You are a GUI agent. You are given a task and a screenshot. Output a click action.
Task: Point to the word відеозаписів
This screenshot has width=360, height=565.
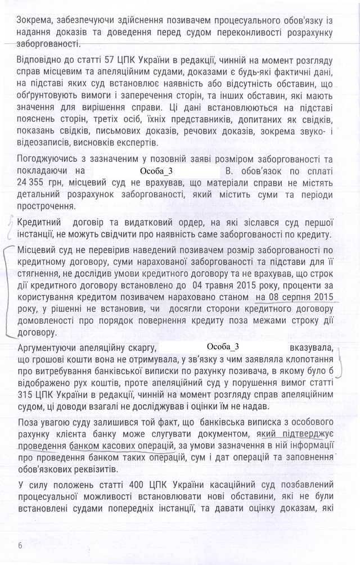click(x=43, y=142)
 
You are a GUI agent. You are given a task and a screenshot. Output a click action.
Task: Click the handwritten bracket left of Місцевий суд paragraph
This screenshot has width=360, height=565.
click(x=8, y=292)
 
